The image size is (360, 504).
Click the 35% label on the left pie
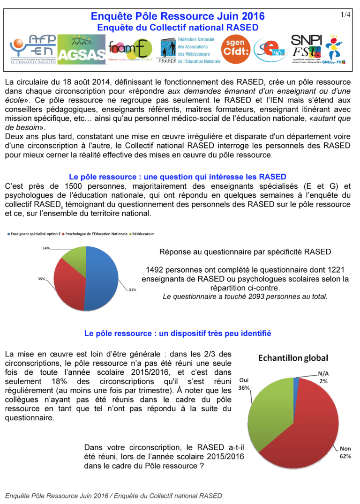42,279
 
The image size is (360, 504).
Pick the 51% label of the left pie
132,290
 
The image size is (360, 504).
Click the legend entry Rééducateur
143,233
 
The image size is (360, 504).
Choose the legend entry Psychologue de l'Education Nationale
96,233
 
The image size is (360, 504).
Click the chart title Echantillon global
293,358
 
